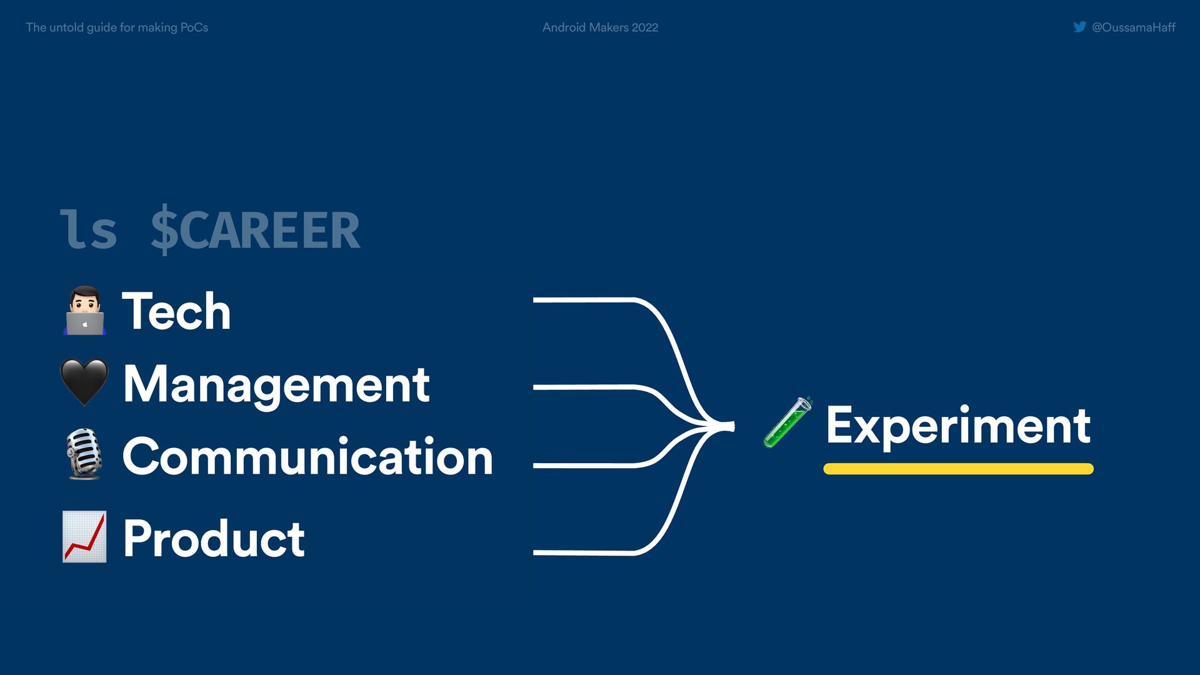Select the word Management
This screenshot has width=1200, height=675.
point(276,384)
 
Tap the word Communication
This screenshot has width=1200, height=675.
point(307,456)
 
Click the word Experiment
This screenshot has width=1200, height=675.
point(958,426)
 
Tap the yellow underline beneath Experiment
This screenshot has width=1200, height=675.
point(958,469)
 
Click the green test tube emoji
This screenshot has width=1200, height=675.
point(787,422)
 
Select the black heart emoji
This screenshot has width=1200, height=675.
point(84,382)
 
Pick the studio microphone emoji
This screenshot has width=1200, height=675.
point(84,454)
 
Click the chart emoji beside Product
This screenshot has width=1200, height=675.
point(84,536)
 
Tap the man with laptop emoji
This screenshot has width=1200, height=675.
point(84,311)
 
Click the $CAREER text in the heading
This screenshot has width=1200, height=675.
point(255,230)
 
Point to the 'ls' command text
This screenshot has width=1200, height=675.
point(88,230)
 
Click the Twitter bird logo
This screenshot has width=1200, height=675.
point(1079,27)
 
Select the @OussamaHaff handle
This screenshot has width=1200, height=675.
point(1133,27)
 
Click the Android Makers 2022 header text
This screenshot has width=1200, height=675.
point(600,27)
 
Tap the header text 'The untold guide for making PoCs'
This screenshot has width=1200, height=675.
point(117,27)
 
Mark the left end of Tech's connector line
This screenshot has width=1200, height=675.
point(535,301)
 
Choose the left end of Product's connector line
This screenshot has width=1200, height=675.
point(535,552)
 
